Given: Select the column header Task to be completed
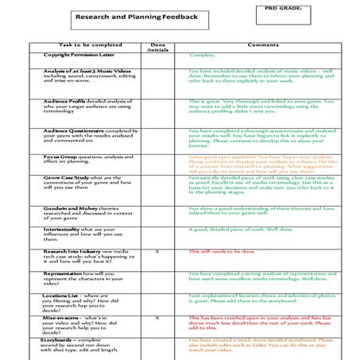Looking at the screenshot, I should [91, 45].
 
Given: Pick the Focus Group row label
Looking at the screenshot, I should [60, 157].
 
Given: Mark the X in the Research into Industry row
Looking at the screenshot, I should [157, 251].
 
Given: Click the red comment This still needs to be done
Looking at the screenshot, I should [222, 251].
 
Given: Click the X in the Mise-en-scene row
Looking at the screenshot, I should [157, 317].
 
